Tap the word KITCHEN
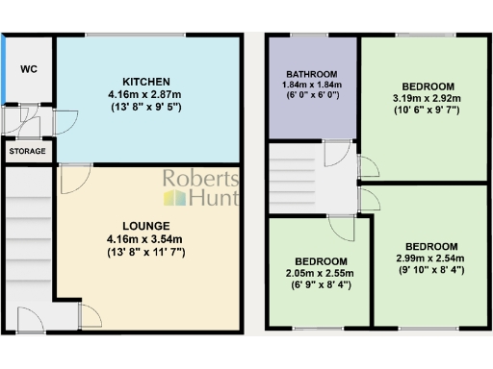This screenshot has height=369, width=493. click(146, 81)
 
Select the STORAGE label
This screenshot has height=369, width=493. click(27, 152)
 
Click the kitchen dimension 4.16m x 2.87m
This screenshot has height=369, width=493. click(146, 94)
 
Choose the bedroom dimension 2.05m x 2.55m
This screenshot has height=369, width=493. click(321, 273)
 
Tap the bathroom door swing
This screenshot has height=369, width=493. click(336, 155)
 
